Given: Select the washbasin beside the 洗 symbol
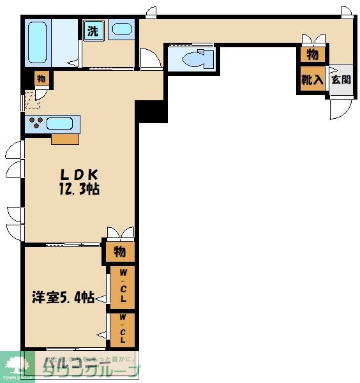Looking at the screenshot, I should (x=121, y=29).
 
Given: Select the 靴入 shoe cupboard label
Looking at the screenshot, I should (x=313, y=80).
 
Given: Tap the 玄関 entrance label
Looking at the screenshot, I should (x=340, y=80).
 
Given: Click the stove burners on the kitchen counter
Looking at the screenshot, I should (x=34, y=123).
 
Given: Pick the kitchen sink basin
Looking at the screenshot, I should (x=61, y=123).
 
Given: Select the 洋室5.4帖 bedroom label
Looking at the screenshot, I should (x=64, y=297).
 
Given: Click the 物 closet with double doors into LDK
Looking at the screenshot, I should (x=119, y=251).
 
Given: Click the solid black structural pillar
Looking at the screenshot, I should (x=151, y=111).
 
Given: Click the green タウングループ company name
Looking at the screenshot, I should (x=89, y=371).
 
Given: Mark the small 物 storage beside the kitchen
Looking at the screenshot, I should (x=41, y=79).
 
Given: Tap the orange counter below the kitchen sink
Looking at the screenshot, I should (x=65, y=139).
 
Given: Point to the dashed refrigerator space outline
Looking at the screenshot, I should (x=32, y=100).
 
